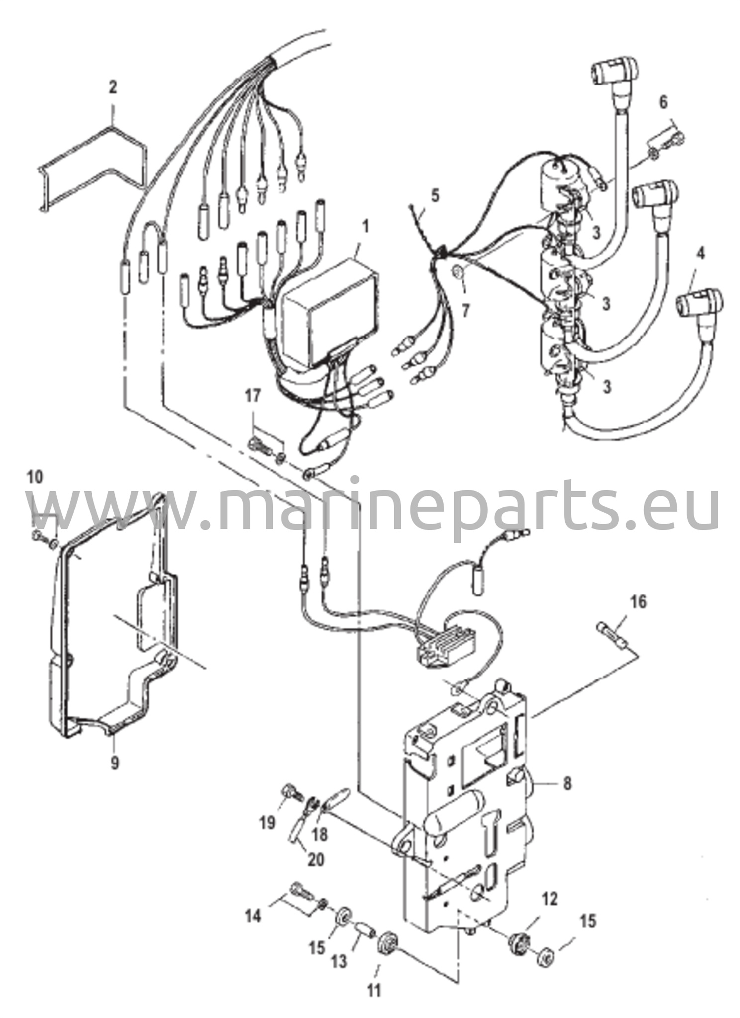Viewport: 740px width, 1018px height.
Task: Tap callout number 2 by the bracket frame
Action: (x=113, y=88)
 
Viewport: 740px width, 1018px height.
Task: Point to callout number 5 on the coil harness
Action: (x=435, y=195)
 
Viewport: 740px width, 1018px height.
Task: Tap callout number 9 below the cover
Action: (x=115, y=763)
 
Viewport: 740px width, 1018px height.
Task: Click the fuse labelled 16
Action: (x=612, y=636)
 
